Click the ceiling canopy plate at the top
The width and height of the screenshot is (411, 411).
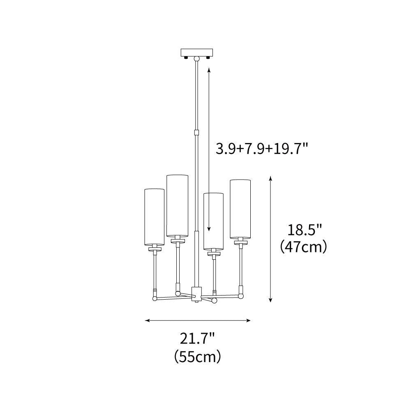coord(197,53)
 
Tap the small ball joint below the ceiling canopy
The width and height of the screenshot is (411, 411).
coord(197,58)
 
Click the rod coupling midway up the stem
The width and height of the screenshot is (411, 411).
coord(196,132)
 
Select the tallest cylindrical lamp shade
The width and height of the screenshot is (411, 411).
coord(177,205)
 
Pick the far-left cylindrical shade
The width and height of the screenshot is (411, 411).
coord(155,217)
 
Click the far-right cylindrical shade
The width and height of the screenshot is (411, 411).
coord(240,209)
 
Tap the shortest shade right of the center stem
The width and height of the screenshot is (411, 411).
coord(214,222)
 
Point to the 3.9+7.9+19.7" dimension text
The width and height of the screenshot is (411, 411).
coord(261,149)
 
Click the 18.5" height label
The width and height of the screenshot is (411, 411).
coord(304,230)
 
